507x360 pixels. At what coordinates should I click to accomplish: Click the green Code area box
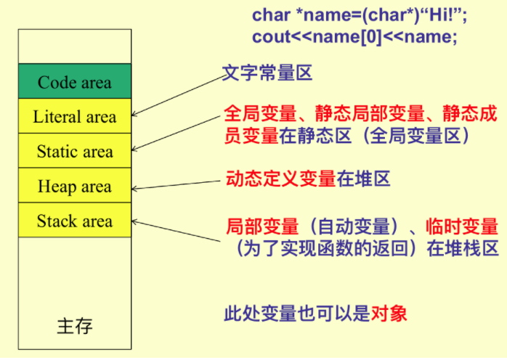tap(75, 81)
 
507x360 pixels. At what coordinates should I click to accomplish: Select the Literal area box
tap(75, 116)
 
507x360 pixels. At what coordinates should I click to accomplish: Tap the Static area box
tap(75, 151)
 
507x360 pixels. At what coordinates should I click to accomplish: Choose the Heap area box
tap(75, 186)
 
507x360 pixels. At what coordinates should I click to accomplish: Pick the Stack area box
tap(75, 221)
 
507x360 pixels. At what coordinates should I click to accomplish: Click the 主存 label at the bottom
tap(75, 325)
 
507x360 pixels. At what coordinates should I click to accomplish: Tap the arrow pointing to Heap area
tap(178, 183)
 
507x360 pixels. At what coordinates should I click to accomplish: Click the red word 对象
tap(389, 314)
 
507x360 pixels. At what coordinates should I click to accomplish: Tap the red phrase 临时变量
tap(463, 226)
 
